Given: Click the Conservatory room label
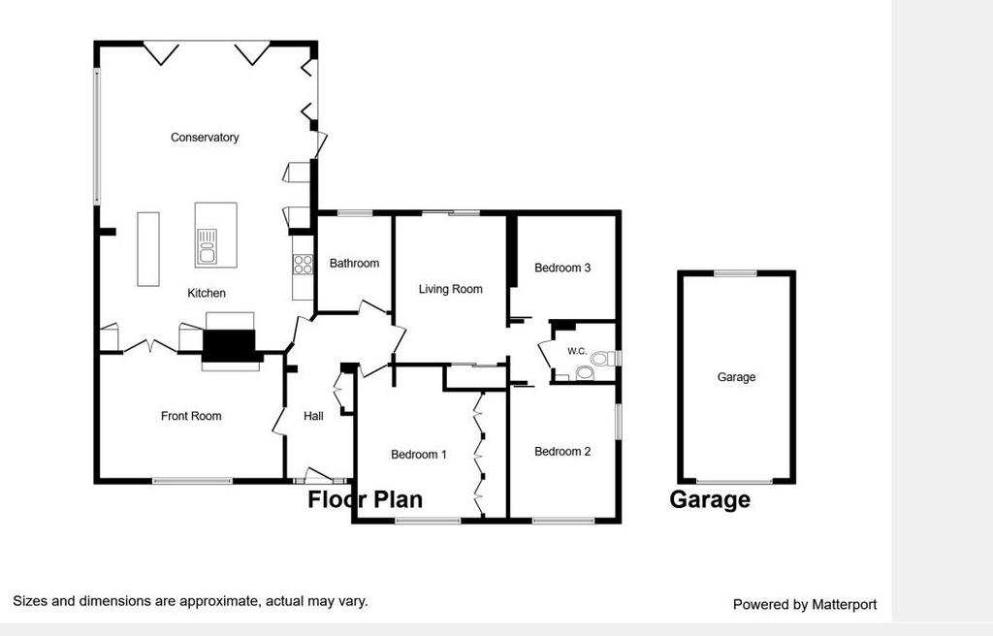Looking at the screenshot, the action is [x=205, y=138].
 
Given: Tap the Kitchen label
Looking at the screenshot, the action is [x=207, y=294].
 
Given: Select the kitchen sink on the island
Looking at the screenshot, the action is [x=208, y=246].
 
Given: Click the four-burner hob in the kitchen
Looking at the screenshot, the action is [x=304, y=264].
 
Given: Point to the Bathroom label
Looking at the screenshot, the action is [x=354, y=263].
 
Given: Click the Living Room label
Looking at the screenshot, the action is [x=450, y=290].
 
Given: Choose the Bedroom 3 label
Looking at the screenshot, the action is [x=562, y=268].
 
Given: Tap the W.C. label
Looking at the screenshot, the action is [x=577, y=351].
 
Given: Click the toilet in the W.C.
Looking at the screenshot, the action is [x=606, y=359].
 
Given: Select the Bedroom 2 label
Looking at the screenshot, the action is [x=562, y=452].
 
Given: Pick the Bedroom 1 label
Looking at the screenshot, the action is [x=419, y=455].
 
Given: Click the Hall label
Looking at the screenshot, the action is [x=313, y=416].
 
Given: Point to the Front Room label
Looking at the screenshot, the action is [x=191, y=416].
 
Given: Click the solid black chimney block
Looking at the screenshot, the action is [x=229, y=346].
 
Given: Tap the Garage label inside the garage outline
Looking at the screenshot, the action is [x=737, y=377].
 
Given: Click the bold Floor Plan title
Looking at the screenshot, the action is [x=366, y=500].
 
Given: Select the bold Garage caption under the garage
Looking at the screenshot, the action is [x=710, y=500].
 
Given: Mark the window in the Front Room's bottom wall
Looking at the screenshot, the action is [x=193, y=481].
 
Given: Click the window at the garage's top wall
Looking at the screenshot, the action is [x=735, y=273].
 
